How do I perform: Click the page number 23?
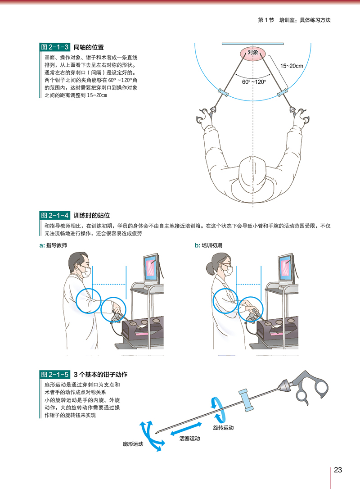[x=338, y=470]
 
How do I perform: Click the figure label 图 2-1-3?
[x=54, y=47]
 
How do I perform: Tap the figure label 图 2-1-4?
[x=54, y=215]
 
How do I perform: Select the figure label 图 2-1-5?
[x=54, y=374]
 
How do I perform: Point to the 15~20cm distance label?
[x=292, y=66]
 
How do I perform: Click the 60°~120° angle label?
[x=254, y=82]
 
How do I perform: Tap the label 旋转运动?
[x=223, y=426]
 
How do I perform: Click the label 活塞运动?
[x=189, y=438]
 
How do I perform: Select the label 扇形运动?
[x=133, y=444]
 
